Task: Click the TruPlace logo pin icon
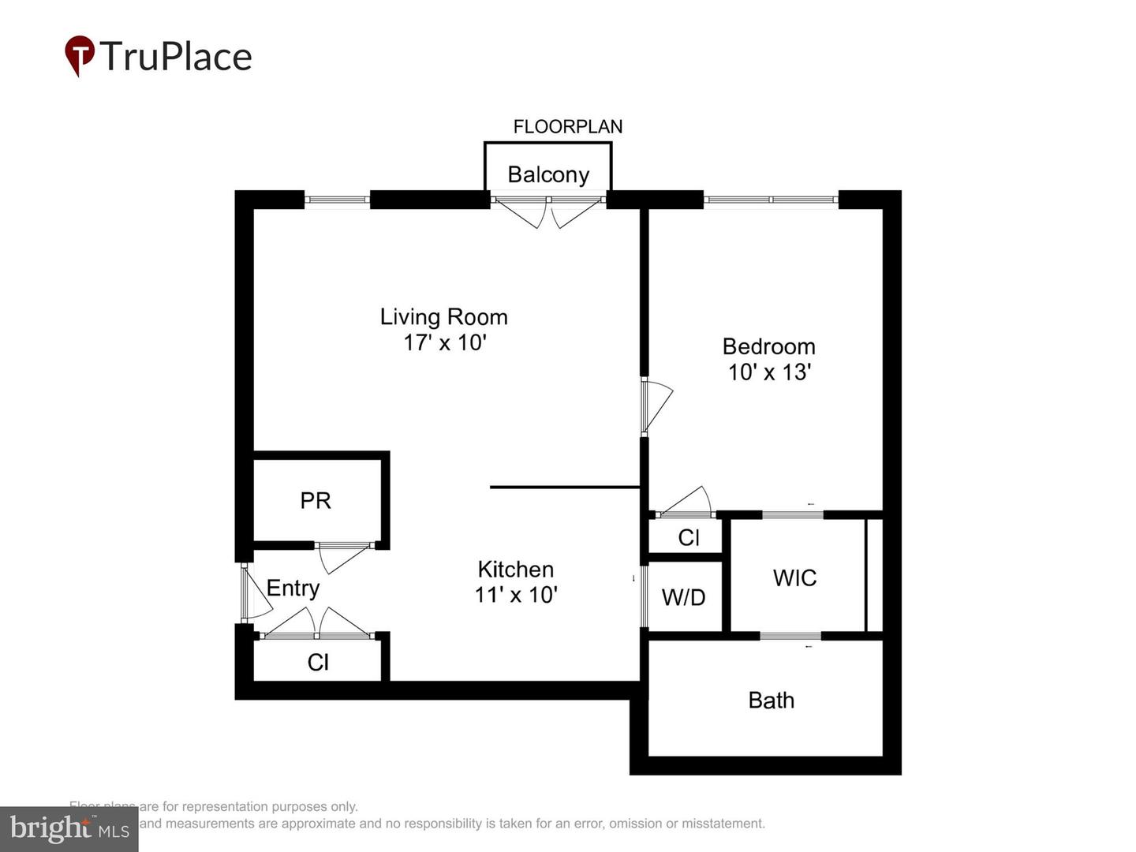point(79,55)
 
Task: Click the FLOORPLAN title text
point(567,126)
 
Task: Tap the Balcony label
point(548,174)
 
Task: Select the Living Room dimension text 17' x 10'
point(445,342)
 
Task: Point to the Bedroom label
point(768,346)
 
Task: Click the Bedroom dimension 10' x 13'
point(769,372)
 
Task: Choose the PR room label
point(316,500)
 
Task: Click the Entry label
point(293,588)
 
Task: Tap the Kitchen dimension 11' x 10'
point(516,594)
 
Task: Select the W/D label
point(683,597)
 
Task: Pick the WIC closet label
point(794,577)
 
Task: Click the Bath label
point(771,700)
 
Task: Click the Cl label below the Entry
point(318,662)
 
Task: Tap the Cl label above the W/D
point(689,537)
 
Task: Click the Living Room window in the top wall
point(337,200)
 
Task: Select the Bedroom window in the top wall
point(770,200)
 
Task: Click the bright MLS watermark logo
point(69,828)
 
